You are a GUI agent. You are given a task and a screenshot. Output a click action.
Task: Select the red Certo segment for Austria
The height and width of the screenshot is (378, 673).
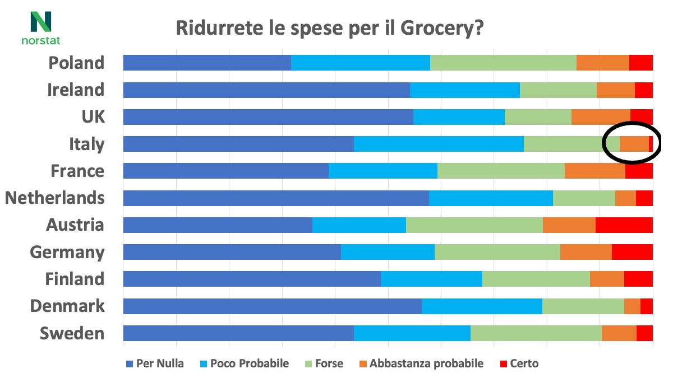[624, 225]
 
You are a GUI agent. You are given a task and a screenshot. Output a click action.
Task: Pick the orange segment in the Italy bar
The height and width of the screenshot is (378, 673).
[634, 144]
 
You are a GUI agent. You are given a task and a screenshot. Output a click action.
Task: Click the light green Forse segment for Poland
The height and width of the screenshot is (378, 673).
[503, 63]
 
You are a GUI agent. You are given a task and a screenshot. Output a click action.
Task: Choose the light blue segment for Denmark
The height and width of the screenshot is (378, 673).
[482, 306]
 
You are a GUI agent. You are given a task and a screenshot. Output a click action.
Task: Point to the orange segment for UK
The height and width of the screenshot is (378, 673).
[601, 116]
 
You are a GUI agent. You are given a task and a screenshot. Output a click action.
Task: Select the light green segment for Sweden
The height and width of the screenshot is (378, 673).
[536, 333]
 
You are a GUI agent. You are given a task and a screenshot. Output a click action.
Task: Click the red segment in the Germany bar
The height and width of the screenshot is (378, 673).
[632, 251]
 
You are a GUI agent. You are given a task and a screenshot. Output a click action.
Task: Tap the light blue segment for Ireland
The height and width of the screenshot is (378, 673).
[465, 90]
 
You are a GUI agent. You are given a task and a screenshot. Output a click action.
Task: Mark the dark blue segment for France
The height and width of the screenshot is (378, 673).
[225, 171]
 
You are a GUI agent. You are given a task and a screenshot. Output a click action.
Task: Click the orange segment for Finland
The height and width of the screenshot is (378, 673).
[607, 278]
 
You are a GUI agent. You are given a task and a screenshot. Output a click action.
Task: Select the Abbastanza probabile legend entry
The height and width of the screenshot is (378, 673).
[420, 363]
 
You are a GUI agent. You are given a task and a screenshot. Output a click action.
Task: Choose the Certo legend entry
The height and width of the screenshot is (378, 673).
[518, 363]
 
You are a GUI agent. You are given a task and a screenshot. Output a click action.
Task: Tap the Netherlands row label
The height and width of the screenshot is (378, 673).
[55, 198]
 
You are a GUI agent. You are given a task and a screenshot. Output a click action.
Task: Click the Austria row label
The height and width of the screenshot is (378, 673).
[75, 225]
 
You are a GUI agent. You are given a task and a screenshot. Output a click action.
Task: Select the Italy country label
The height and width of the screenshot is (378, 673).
[86, 144]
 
